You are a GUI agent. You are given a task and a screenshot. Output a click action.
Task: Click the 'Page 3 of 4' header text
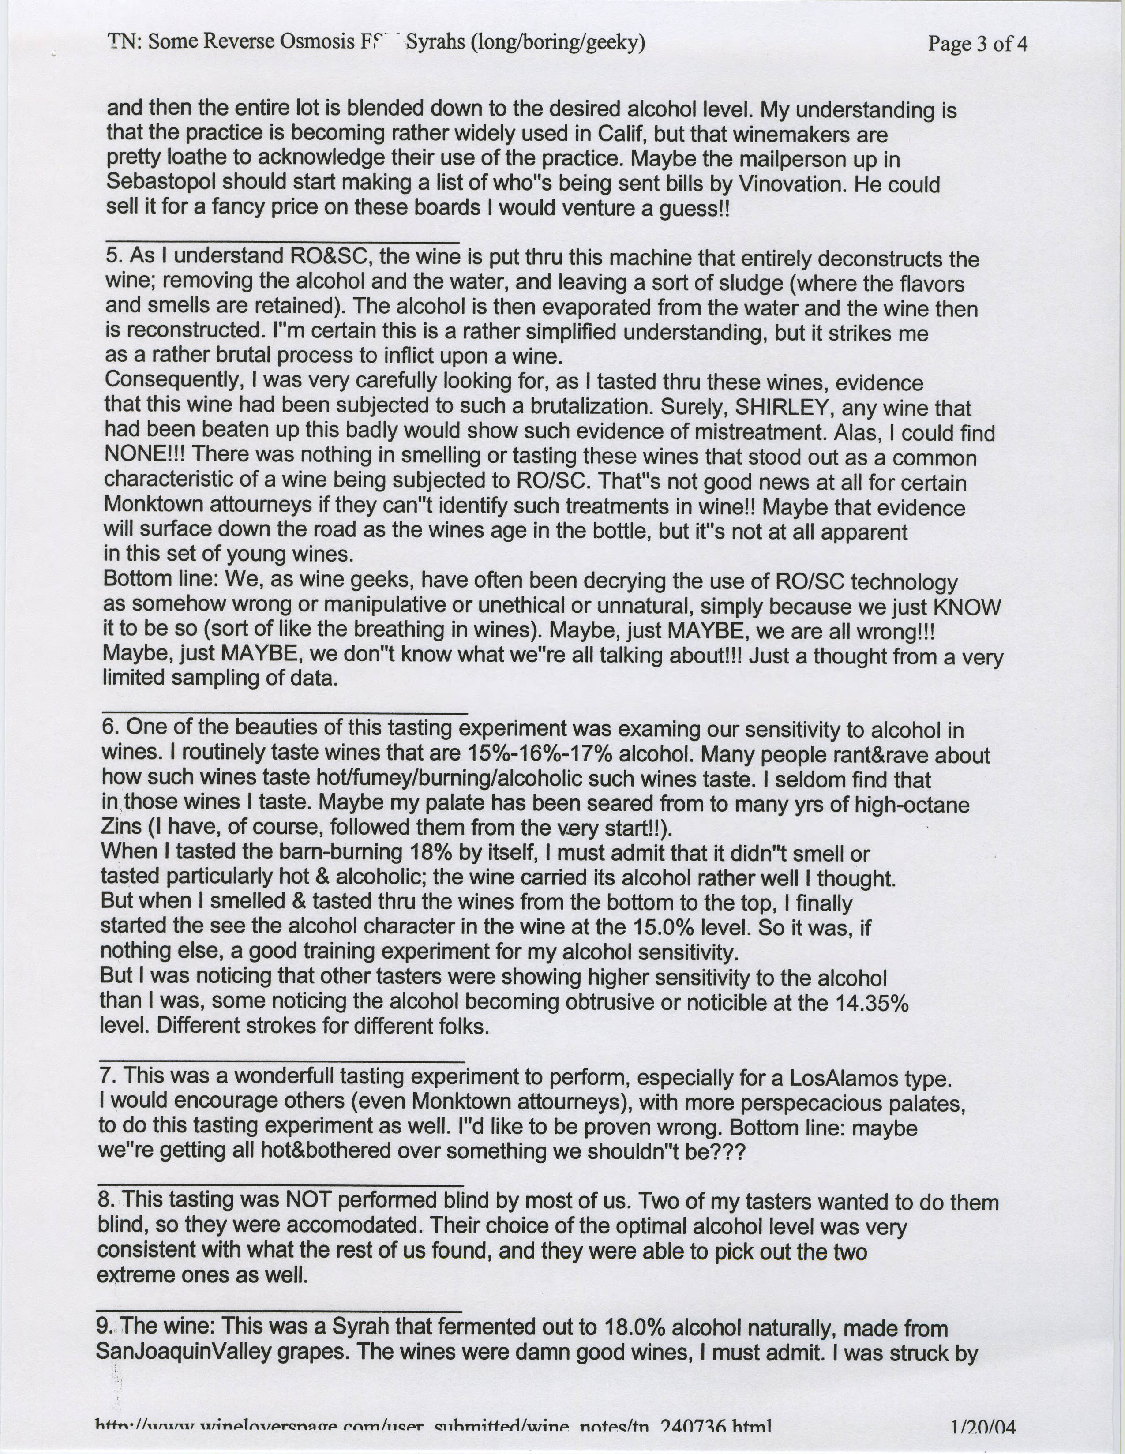pos(977,44)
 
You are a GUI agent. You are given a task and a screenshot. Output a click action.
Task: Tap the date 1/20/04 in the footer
pos(983,1439)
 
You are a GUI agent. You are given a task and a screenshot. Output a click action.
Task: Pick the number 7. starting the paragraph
pos(108,1075)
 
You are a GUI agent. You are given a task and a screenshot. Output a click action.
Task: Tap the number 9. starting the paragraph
pos(105,1325)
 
